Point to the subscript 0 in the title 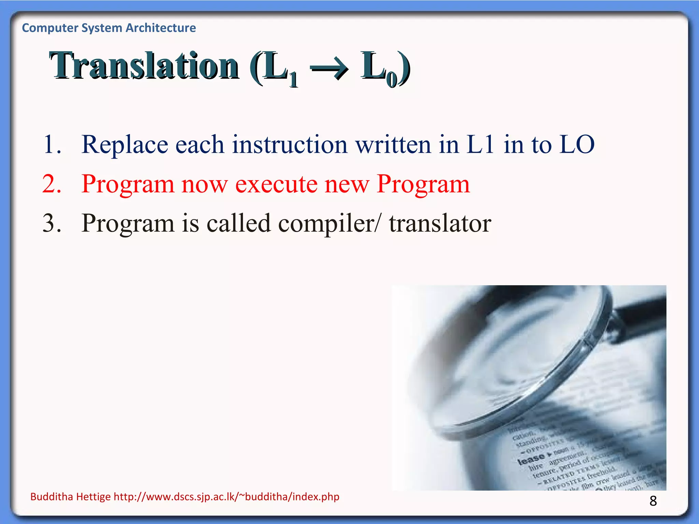point(392,79)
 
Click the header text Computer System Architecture point(109,28)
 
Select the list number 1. point(52,145)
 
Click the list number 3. point(52,223)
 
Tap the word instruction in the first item point(290,145)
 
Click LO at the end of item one point(577,145)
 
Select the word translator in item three point(440,223)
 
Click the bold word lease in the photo point(531,459)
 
